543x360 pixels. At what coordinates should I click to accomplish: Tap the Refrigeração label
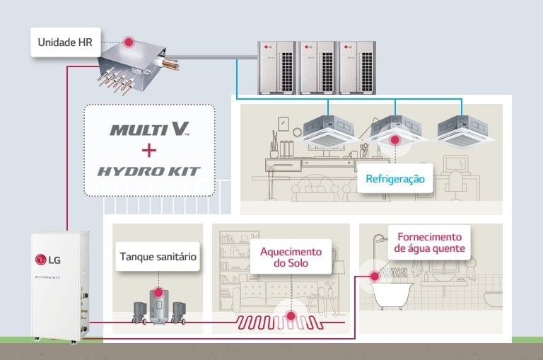pos(395,179)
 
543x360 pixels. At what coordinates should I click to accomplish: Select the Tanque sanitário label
pos(157,257)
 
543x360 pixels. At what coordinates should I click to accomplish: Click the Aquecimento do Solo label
pos(291,257)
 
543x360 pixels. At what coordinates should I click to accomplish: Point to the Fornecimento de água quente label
pos(429,243)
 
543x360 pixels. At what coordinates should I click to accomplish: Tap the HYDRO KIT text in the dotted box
pos(149,171)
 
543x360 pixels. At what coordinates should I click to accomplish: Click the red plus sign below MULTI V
pos(149,150)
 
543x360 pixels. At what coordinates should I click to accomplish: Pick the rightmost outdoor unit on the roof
pos(356,67)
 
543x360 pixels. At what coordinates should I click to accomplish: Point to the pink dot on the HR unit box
pos(129,42)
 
